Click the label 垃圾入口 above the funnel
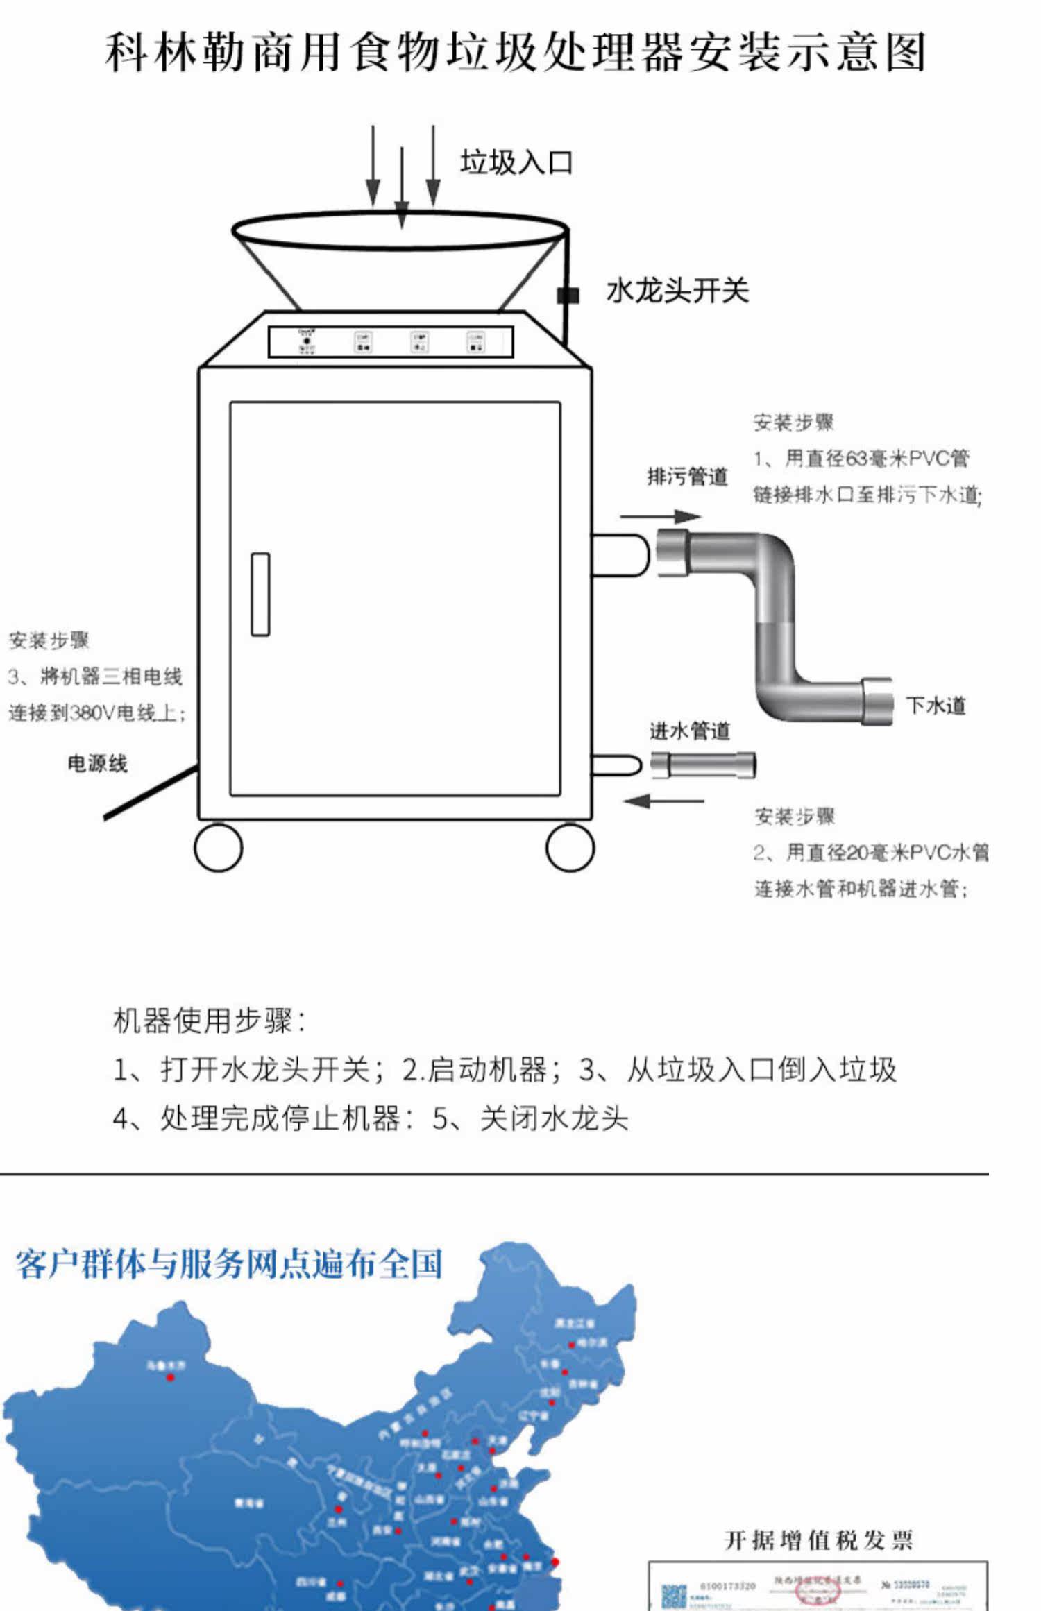tap(516, 163)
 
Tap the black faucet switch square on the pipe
tap(568, 295)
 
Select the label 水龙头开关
tap(677, 291)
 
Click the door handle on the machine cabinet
tap(260, 594)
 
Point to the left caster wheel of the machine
tap(218, 847)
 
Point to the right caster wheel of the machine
tap(570, 847)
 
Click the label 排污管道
tap(687, 477)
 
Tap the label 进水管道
tap(689, 731)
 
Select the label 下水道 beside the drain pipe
tap(936, 706)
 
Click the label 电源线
tap(97, 764)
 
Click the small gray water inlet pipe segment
tap(703, 765)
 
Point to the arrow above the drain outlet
tap(660, 516)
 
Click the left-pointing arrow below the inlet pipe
tap(663, 801)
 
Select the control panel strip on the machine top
tap(391, 342)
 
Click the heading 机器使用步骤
tap(209, 1021)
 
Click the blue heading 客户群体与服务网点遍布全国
tap(229, 1264)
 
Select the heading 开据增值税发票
tap(818, 1541)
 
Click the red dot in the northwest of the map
tap(170, 1377)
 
